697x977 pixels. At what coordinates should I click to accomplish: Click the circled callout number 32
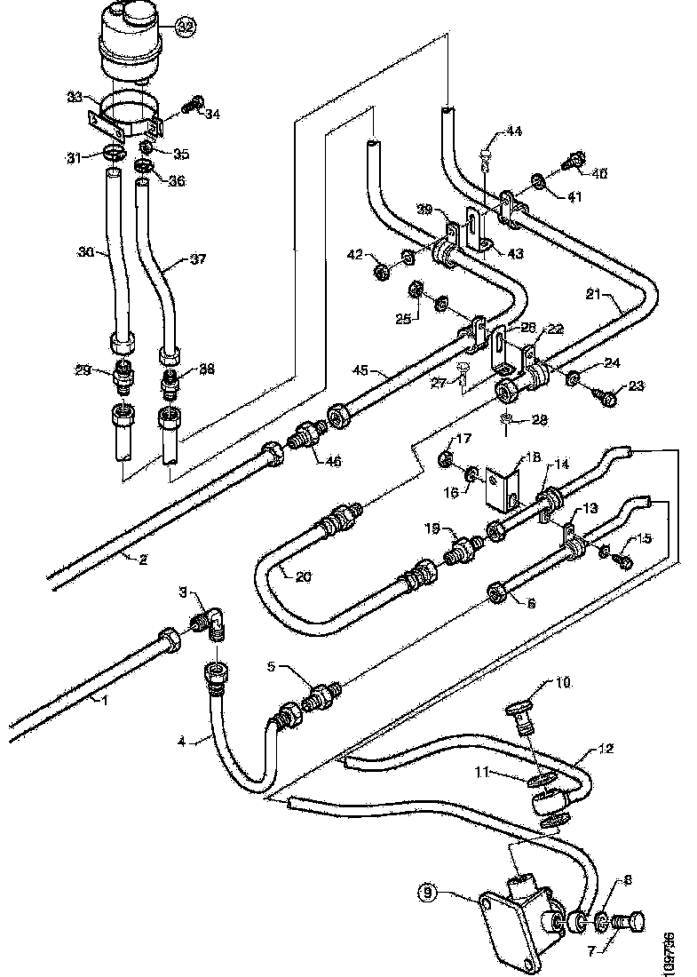(185, 28)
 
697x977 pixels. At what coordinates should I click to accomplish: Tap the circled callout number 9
(430, 893)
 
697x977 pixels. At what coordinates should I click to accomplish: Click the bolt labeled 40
(573, 162)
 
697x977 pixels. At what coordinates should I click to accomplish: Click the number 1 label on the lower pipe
(104, 701)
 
